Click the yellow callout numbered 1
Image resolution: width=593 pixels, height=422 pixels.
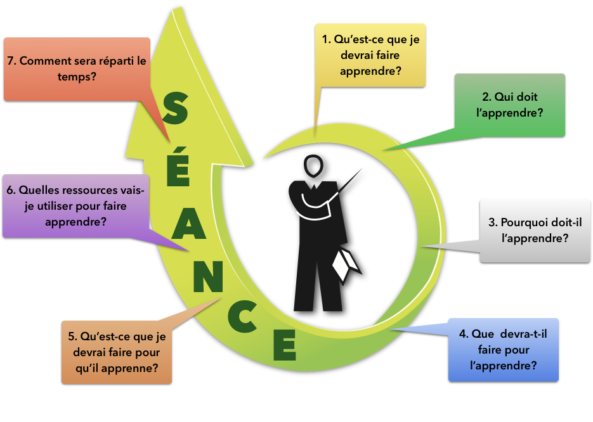370,55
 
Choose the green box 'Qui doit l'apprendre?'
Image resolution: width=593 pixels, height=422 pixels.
510,105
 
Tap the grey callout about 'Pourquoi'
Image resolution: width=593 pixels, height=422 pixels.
535,231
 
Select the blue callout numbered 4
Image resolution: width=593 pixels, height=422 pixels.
504,349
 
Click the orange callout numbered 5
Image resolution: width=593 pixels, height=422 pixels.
117,352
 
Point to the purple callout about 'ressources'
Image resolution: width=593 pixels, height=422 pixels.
76,206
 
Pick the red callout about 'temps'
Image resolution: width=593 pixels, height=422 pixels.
77,69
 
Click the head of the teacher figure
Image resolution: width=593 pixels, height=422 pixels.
312,167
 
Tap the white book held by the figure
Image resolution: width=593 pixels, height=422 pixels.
344,264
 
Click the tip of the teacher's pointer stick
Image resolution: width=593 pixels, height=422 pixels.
362,169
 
